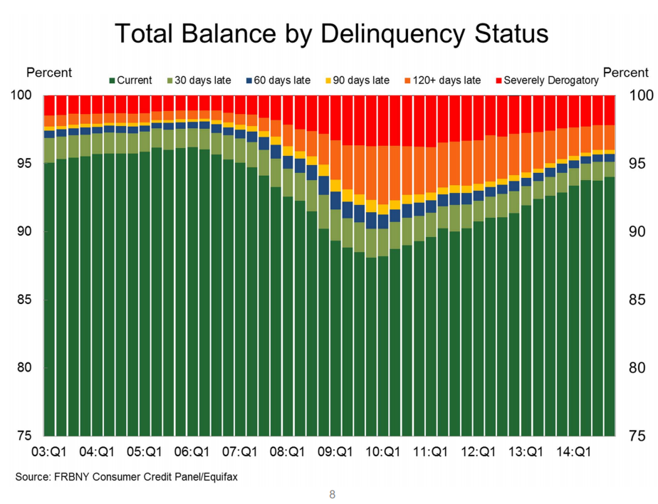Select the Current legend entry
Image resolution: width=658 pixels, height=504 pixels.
point(134,80)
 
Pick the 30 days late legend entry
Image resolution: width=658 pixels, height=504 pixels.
point(201,80)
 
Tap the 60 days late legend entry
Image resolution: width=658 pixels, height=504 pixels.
point(281,80)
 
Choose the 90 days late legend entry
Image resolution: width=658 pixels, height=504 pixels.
point(360,80)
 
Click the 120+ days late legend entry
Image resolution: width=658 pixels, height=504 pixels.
point(442,80)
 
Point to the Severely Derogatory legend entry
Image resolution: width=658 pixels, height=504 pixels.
point(546,80)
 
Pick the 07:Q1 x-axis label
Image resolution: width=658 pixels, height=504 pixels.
point(240,451)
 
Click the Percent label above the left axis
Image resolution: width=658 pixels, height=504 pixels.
point(49,73)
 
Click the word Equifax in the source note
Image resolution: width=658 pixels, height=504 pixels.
point(219,476)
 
